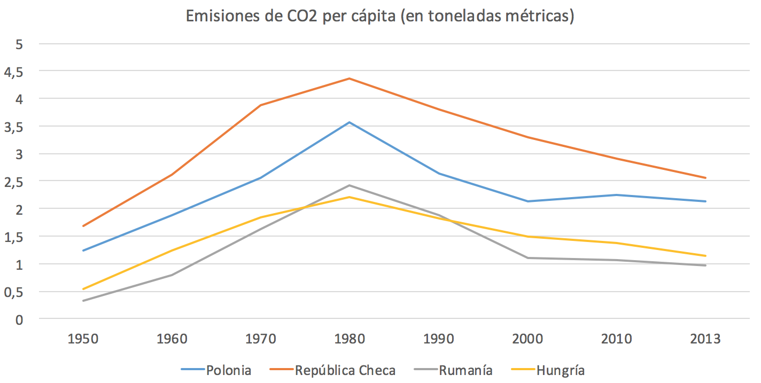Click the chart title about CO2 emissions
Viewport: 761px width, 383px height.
pos(380,16)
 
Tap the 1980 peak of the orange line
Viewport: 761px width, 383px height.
pos(350,79)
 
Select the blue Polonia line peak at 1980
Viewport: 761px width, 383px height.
pos(350,122)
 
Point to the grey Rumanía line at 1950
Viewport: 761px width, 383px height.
pos(83,301)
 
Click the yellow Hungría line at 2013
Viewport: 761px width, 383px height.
pos(705,256)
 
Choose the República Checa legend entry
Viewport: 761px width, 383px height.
pos(345,370)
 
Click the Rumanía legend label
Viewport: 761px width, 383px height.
pos(465,370)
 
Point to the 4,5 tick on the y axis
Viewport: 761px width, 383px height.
pos(15,72)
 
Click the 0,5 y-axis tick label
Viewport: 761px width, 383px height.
pos(15,292)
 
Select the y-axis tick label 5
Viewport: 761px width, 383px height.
pos(20,44)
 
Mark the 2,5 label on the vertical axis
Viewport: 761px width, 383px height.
pos(15,182)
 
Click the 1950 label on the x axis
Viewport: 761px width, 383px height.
pos(83,339)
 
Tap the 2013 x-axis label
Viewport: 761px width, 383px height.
pos(705,339)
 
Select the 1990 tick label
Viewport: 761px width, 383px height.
pos(438,339)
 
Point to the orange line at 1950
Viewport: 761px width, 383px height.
pos(83,226)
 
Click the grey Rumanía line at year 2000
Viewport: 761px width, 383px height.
pos(527,258)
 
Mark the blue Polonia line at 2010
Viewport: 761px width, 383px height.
pos(616,195)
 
